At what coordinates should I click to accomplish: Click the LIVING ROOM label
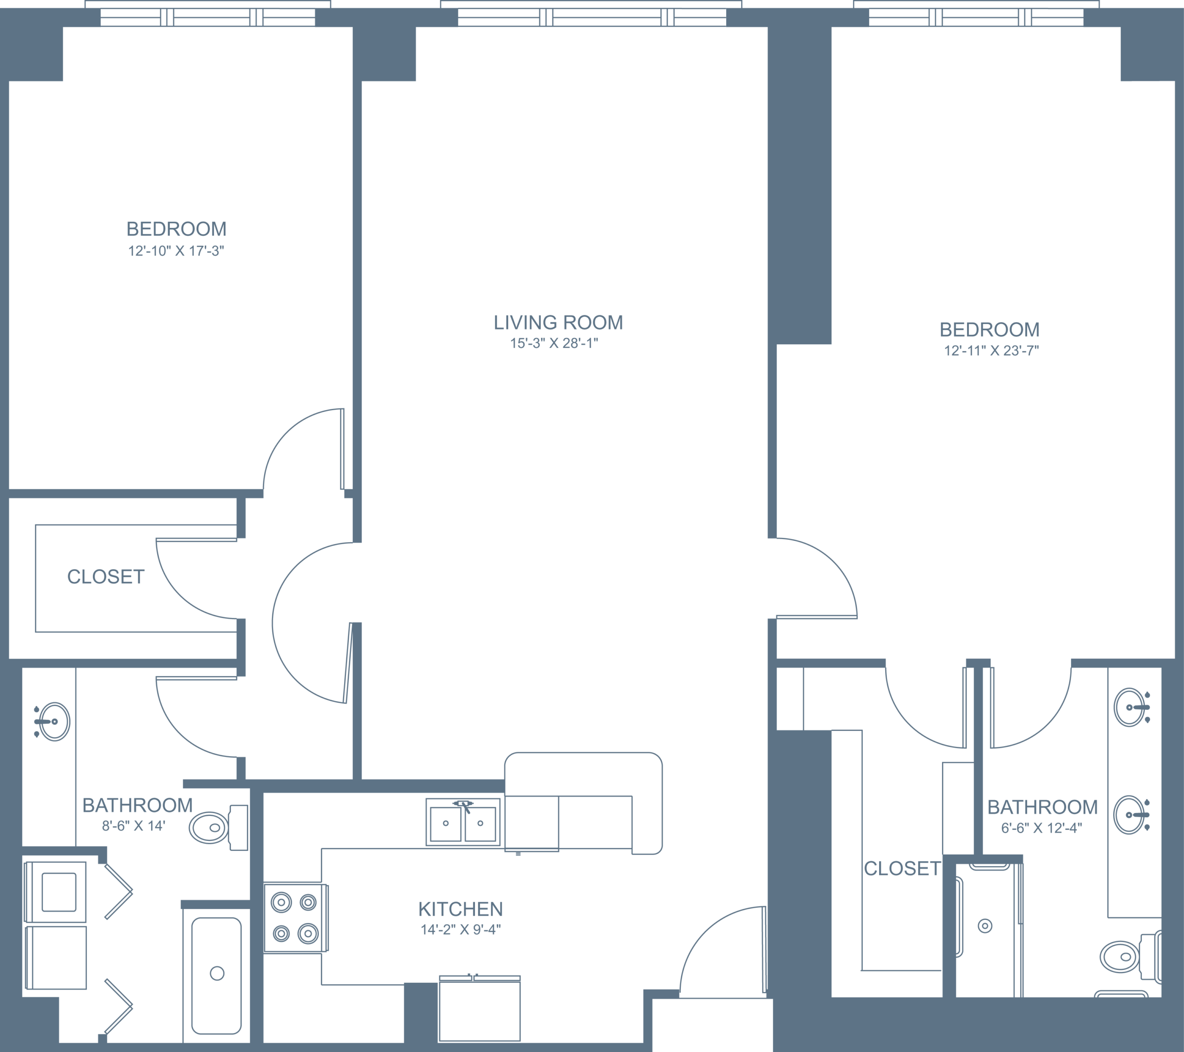558,323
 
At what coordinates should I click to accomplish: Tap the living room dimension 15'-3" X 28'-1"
554,343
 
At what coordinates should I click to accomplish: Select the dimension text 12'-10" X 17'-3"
176,251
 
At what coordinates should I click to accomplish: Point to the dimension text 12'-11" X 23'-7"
991,351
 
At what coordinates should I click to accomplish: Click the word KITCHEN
461,909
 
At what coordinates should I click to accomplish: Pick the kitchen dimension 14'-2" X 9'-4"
461,930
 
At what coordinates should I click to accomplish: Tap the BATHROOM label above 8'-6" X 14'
137,805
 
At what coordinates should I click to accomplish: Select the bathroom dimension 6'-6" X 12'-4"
1042,828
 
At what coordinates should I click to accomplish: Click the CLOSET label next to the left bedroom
105,577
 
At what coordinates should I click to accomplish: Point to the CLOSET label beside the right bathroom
902,869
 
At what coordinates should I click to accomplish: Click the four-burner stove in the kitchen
296,917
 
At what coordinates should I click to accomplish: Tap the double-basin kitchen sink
463,822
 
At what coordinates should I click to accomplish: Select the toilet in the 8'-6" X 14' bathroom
219,827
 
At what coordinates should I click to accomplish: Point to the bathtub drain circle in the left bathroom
217,973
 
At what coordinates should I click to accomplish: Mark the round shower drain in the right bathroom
985,926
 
